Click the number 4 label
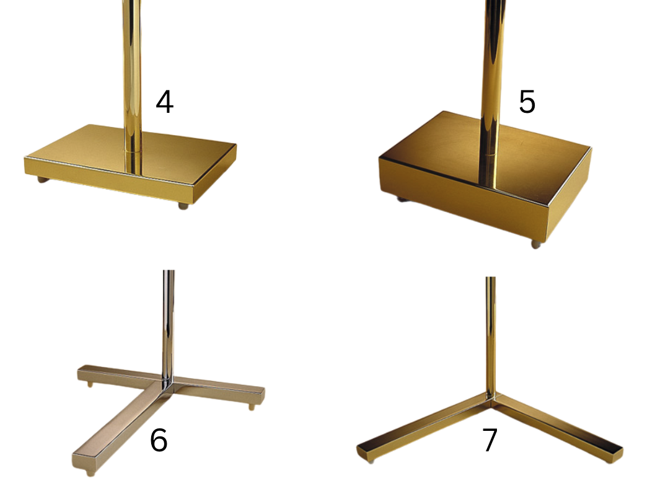pos(165,102)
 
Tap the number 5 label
pos(527,102)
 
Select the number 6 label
pos(159,440)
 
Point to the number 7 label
pos(490,440)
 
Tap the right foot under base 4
pos(183,206)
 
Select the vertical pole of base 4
pos(132,84)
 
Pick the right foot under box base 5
pos(536,244)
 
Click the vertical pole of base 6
pos(169,326)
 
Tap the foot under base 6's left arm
pos(90,384)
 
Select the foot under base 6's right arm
pos(252,407)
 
